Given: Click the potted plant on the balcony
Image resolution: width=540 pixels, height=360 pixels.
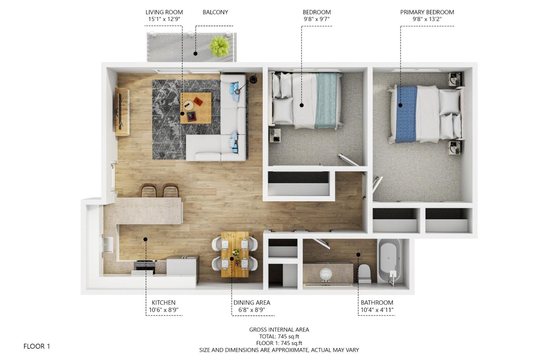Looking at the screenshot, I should coord(219,46).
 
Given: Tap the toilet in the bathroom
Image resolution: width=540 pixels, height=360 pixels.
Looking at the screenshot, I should coord(364,274).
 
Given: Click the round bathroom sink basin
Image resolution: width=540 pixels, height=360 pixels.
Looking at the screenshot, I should coord(325,274).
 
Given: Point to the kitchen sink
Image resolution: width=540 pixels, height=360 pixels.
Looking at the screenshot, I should coord(108,246).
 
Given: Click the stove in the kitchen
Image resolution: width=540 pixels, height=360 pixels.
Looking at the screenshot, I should coord(144,267).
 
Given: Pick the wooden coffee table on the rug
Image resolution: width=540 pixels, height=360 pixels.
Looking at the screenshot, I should coord(195,108).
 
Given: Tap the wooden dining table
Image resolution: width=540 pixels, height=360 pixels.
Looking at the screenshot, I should coord(234,254).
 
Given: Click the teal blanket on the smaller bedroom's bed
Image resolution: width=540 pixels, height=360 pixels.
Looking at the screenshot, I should coord(326,99).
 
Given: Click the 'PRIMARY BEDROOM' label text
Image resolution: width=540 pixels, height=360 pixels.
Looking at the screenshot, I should coord(427,12).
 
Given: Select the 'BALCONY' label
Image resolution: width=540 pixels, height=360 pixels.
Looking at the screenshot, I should coord(215,12).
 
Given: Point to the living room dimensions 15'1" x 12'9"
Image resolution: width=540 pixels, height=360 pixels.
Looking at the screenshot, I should coord(164,19).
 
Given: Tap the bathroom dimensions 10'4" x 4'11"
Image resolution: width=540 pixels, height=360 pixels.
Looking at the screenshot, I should coord(377,310).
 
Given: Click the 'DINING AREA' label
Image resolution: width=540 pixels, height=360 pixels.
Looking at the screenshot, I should coord(252,303).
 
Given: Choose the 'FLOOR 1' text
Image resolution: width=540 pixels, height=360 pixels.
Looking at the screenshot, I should coord(37,346).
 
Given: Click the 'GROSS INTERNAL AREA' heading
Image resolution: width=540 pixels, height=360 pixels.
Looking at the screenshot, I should coord(279,330).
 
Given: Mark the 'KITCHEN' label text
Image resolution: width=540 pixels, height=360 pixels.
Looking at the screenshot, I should coord(163,303).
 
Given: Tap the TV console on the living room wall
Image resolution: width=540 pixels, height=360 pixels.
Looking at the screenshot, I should coord(122,111).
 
